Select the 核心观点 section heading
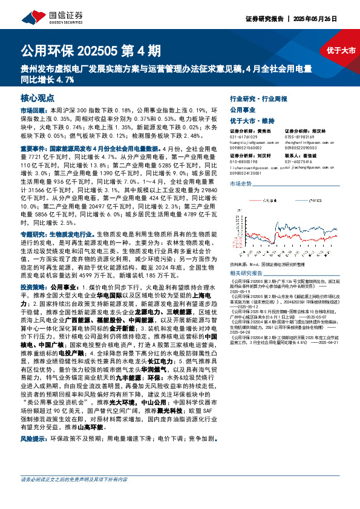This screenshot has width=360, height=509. [37, 98]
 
